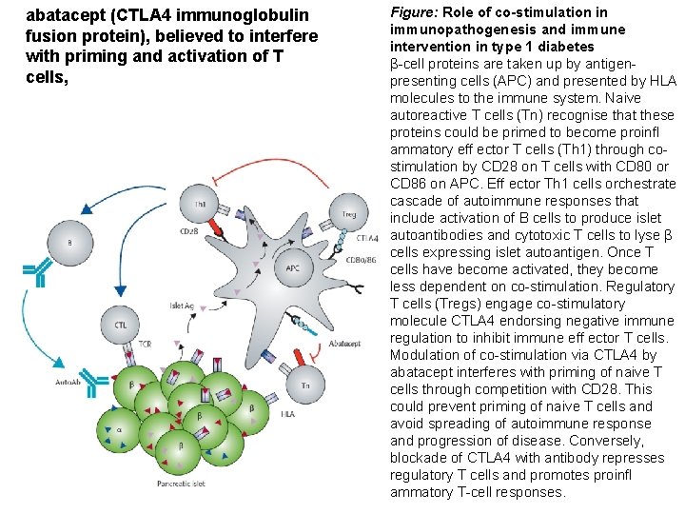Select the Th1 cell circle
coord(202,205)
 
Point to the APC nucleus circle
coord(293,267)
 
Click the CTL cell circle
coord(121,325)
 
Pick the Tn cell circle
coord(304,385)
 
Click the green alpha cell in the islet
coord(119,430)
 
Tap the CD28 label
coord(188,231)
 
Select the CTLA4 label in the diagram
coord(354,238)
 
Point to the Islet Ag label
coord(184,306)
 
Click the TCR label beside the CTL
coord(147,343)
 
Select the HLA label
coord(288,413)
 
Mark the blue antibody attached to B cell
coord(35,273)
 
